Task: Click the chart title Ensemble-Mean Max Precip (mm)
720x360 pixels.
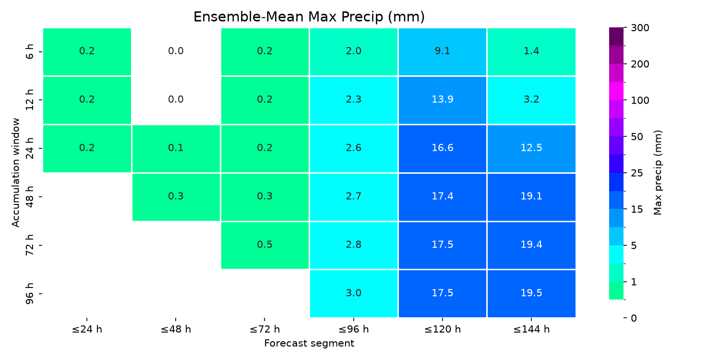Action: coord(309,17)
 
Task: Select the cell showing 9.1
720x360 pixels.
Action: coord(443,52)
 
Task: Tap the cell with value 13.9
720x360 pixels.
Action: coord(443,100)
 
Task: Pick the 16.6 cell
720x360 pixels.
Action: coord(443,148)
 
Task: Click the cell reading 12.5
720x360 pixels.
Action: coord(531,148)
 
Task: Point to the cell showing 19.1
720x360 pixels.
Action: coord(531,197)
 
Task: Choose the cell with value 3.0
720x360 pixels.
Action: coord(354,294)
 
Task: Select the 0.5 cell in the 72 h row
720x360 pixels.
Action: coord(265,245)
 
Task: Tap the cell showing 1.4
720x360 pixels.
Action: coord(531,52)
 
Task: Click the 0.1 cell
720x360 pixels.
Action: coord(176,148)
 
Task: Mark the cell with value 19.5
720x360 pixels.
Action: coord(531,294)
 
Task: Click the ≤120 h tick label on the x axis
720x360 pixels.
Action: coord(443,329)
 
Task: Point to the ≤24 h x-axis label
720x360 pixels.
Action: coord(87,329)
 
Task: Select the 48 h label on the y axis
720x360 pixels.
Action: coord(29,197)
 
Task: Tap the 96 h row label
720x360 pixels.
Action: coord(29,293)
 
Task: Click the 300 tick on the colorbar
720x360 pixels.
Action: coord(640,28)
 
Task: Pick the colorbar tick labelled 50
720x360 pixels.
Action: coord(637,137)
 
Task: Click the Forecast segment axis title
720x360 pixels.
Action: coord(309,343)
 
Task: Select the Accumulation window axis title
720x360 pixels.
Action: coord(15,173)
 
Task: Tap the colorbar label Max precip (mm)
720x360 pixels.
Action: coord(658,173)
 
